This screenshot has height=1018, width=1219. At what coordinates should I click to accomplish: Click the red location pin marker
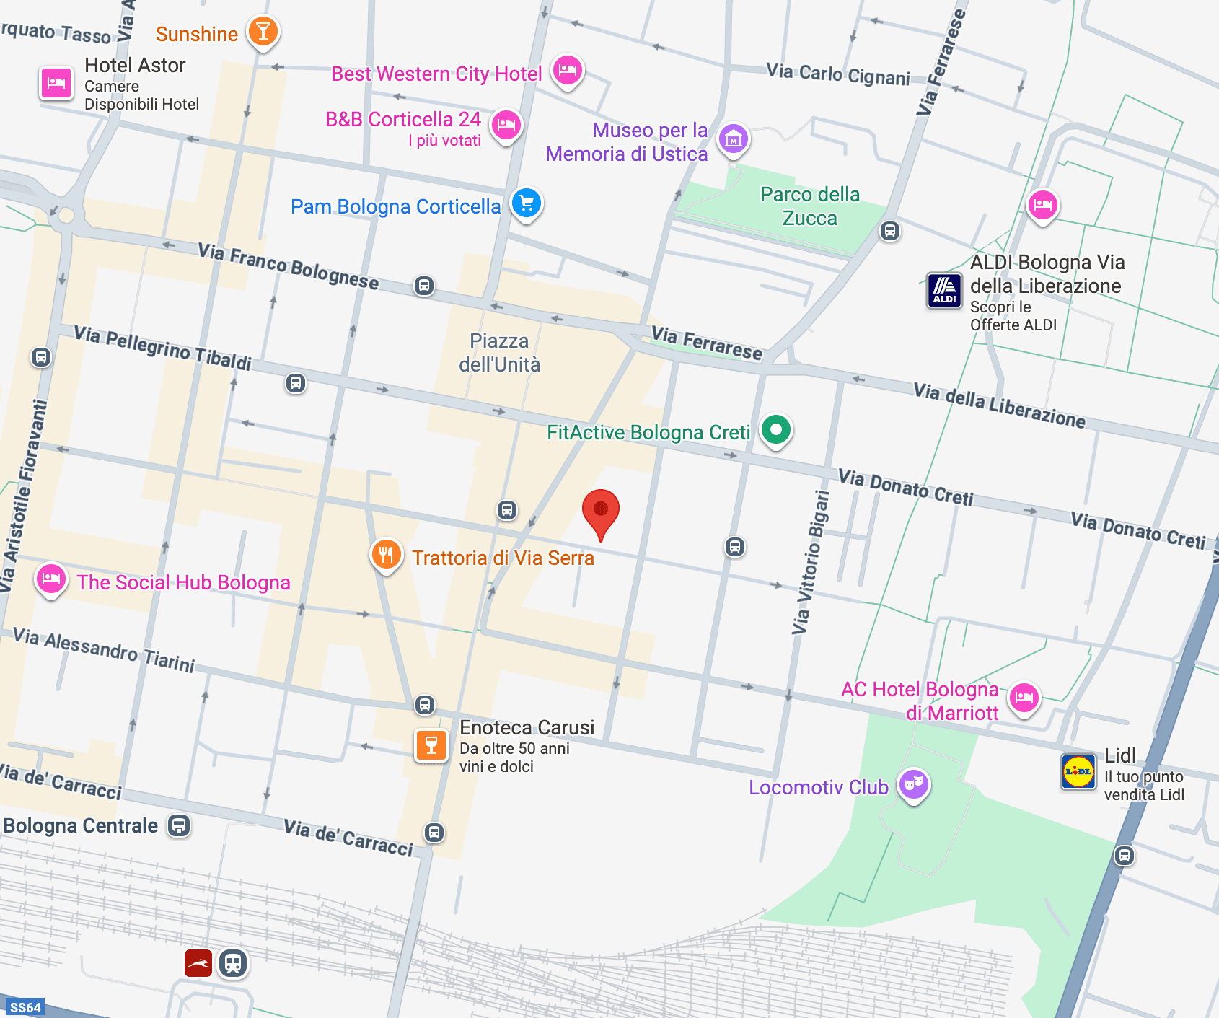[x=600, y=511]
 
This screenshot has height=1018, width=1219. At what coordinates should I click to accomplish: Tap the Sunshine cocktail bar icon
[x=263, y=32]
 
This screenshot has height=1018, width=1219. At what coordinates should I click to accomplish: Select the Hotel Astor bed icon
[x=56, y=84]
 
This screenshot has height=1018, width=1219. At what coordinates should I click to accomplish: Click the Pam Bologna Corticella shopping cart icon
[x=527, y=203]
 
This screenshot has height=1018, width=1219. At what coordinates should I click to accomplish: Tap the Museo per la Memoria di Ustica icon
[x=734, y=139]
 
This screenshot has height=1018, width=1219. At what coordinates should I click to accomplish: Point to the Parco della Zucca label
[x=809, y=206]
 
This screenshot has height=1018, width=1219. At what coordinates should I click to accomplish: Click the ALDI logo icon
[x=944, y=291]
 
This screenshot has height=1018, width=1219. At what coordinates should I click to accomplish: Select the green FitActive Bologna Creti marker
[x=776, y=430]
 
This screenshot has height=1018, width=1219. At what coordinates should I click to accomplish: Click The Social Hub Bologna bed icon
[x=51, y=579]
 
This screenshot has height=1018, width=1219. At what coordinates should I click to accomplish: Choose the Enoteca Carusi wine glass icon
[x=431, y=745]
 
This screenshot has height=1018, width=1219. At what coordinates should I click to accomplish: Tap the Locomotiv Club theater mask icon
[x=914, y=783]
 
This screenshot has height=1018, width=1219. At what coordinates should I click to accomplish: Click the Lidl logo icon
[x=1078, y=771]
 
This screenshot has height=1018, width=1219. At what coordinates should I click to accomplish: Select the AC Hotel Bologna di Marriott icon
[x=1024, y=698]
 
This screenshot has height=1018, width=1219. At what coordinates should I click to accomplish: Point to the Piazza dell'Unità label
[x=499, y=353]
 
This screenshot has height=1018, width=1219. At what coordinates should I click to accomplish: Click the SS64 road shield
[x=25, y=1007]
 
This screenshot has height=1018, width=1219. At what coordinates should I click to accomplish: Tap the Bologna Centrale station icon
[x=179, y=825]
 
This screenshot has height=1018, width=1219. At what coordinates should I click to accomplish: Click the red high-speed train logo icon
[x=198, y=963]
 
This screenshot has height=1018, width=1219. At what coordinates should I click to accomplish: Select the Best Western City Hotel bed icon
[x=568, y=70]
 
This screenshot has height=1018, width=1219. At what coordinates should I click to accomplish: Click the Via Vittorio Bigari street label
[x=811, y=563]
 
